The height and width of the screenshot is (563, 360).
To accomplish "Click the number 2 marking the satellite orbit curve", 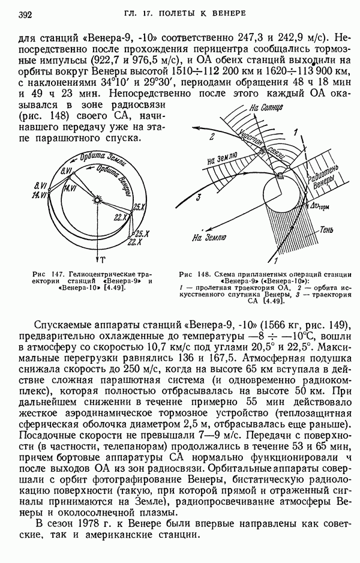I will [x=211, y=137].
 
